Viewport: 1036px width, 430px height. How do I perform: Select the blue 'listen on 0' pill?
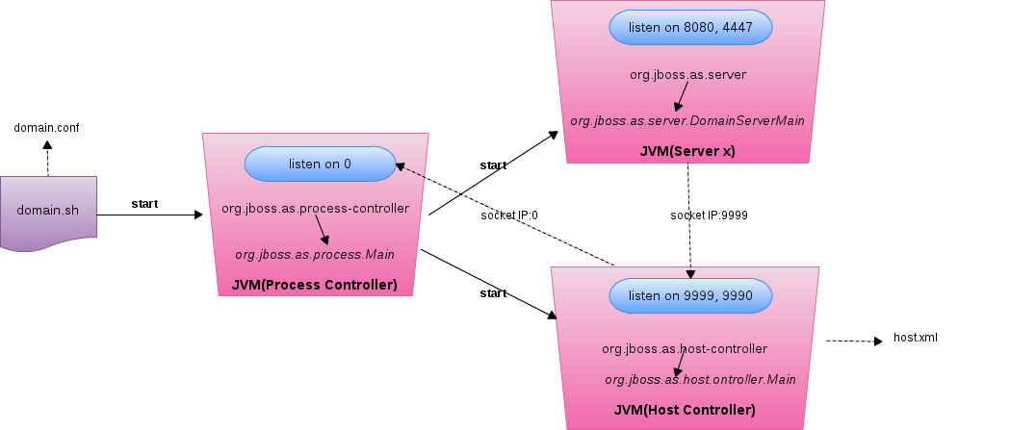click(x=320, y=164)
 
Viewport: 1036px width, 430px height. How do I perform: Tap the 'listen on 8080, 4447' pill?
click(x=690, y=28)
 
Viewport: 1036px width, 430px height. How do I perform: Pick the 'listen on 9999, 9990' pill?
click(x=690, y=295)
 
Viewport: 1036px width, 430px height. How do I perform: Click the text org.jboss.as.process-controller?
click(x=315, y=208)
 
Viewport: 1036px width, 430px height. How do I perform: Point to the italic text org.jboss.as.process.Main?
click(x=314, y=254)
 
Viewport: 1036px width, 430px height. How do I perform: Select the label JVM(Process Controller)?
click(x=314, y=285)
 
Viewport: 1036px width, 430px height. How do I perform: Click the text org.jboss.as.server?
click(x=686, y=74)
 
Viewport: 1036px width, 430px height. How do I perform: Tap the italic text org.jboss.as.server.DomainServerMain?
click(x=686, y=120)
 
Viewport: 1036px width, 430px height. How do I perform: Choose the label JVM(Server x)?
click(x=686, y=151)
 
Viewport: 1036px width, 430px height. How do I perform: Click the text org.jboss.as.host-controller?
click(x=684, y=348)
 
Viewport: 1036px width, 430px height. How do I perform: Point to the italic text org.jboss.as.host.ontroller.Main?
click(x=700, y=379)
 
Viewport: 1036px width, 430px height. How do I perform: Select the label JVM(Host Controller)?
click(x=684, y=410)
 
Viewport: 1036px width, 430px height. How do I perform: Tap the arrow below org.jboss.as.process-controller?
click(x=323, y=230)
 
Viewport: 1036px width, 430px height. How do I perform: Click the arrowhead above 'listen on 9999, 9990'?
click(x=690, y=272)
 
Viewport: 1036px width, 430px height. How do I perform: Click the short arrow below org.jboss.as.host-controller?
click(x=681, y=363)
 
